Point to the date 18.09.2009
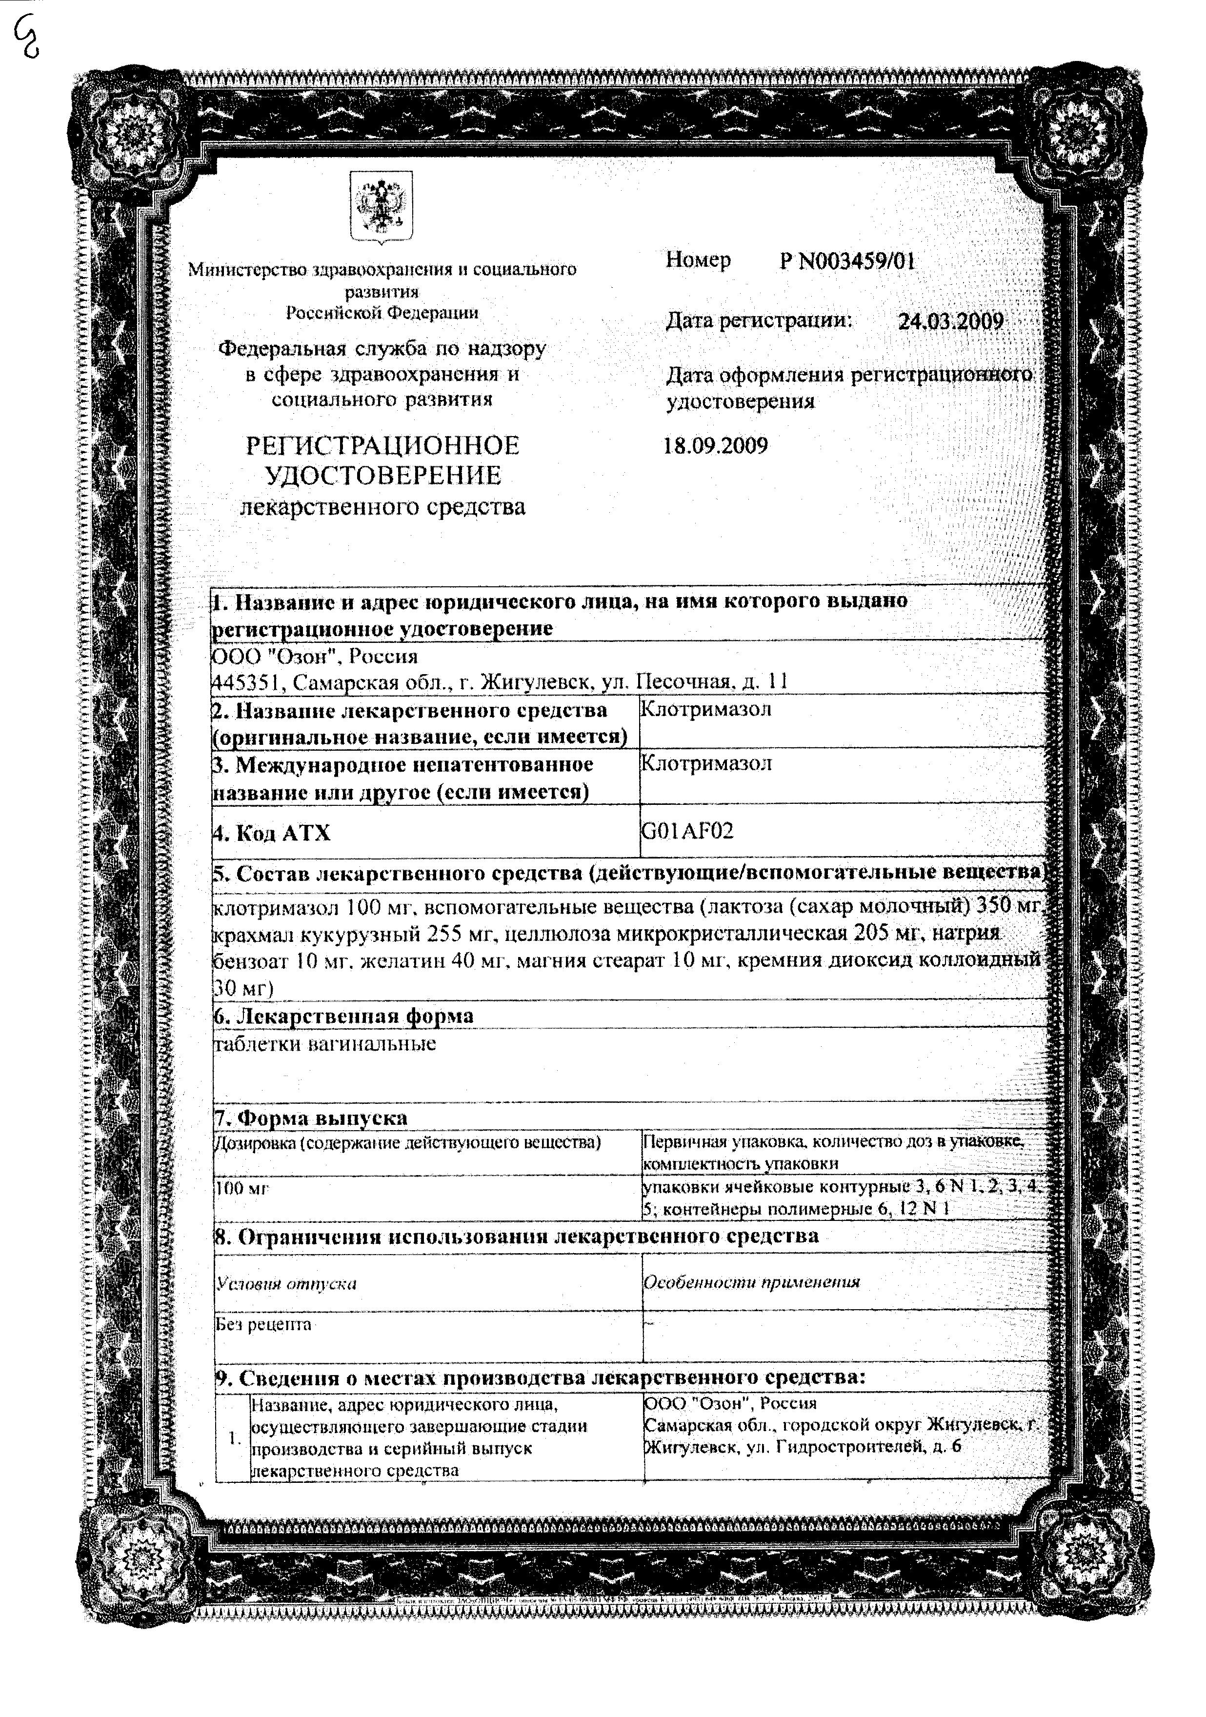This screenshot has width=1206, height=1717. click(715, 446)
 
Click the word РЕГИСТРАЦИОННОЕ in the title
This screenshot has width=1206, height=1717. click(382, 446)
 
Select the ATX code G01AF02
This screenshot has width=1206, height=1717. click(687, 830)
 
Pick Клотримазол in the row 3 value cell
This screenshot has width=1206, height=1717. click(706, 763)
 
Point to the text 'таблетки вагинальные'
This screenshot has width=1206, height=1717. click(325, 1043)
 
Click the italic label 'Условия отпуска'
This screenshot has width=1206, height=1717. click(286, 1284)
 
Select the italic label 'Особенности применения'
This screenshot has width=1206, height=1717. click(751, 1282)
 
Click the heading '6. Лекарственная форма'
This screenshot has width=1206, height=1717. click(343, 1016)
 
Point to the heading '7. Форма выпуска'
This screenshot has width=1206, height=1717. click(311, 1118)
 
